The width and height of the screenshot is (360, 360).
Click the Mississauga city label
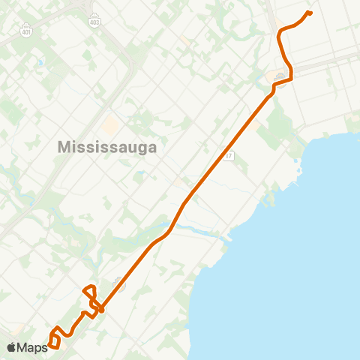(107, 147)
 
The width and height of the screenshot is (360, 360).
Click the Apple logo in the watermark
(12, 347)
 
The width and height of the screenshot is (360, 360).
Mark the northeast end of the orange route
(310, 13)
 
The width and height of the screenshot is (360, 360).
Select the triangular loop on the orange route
(89, 292)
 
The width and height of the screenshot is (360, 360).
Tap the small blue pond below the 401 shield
(40, 61)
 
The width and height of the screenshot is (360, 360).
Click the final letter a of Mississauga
(152, 147)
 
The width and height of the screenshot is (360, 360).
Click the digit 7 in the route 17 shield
(231, 156)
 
